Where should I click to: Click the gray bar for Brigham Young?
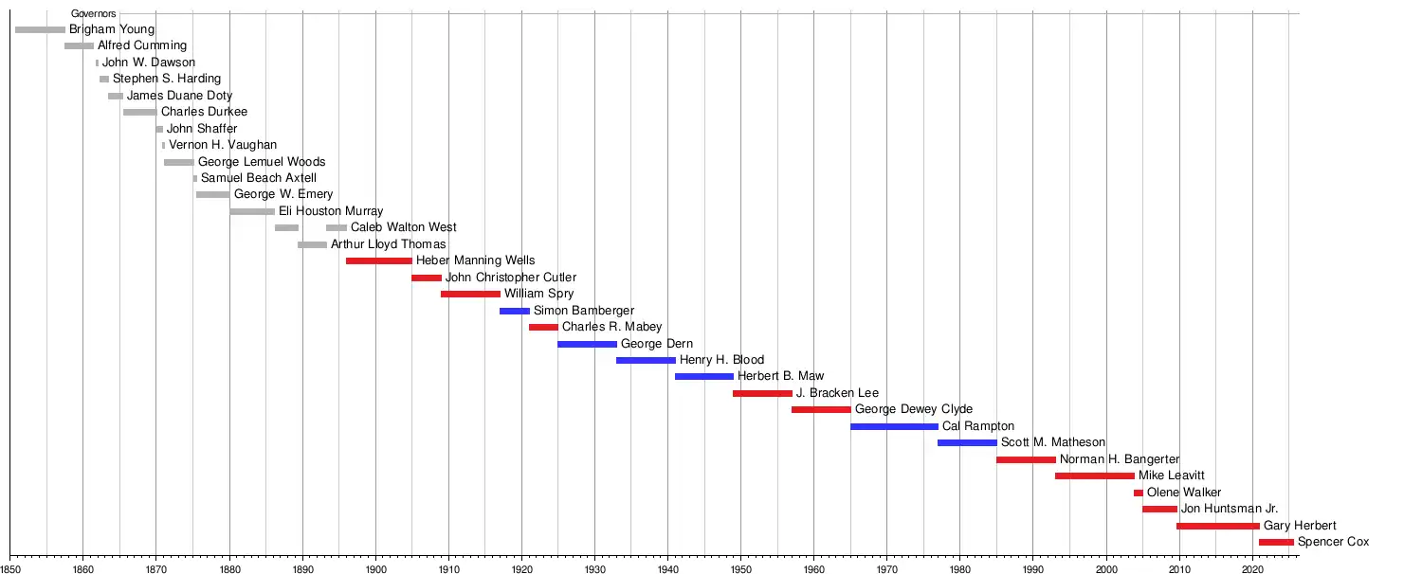pyautogui.click(x=40, y=30)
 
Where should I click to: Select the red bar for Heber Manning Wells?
pyautogui.click(x=379, y=260)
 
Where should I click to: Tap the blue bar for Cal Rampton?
pyautogui.click(x=894, y=426)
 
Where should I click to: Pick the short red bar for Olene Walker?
pyautogui.click(x=1138, y=493)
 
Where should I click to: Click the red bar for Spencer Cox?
pyautogui.click(x=1276, y=542)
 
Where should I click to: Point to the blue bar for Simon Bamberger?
pyautogui.click(x=515, y=311)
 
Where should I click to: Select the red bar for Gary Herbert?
pyautogui.click(x=1218, y=526)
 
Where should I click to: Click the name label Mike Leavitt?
pyautogui.click(x=1172, y=475)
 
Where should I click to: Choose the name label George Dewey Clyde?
pyautogui.click(x=914, y=409)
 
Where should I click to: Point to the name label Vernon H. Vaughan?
pyautogui.click(x=223, y=145)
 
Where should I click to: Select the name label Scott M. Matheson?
pyautogui.click(x=1053, y=442)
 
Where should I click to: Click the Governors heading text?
pyautogui.click(x=94, y=14)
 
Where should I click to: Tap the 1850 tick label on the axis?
pyautogui.click(x=10, y=567)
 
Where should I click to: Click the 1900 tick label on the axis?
pyautogui.click(x=375, y=567)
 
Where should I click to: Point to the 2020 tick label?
pyautogui.click(x=1252, y=567)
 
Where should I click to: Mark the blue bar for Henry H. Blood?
pyautogui.click(x=646, y=360)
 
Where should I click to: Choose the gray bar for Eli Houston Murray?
pyautogui.click(x=252, y=211)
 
